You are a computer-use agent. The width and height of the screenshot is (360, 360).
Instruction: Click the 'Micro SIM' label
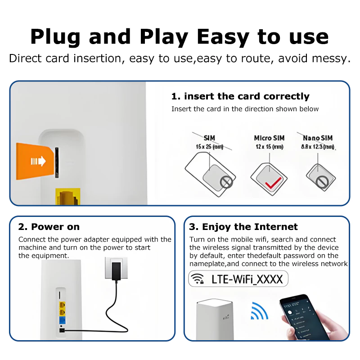(269, 138)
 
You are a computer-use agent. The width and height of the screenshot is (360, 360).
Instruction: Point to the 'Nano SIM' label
(318, 138)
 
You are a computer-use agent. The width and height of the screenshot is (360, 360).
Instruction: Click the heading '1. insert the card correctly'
(240, 96)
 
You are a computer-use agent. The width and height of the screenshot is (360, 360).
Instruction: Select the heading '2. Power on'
(49, 227)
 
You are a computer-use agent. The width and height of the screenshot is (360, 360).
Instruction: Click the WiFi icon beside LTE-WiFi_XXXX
(198, 279)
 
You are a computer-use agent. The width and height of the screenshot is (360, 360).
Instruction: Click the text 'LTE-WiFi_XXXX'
(247, 279)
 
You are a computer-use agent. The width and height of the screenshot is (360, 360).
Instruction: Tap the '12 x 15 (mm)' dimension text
(269, 147)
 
